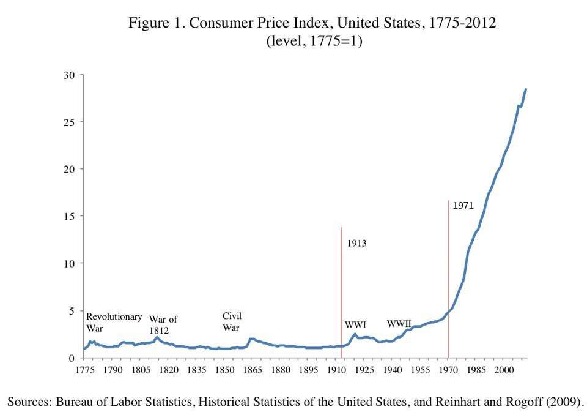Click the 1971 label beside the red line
coord(463,206)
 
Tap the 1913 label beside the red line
coord(356,244)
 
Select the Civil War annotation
coord(232,322)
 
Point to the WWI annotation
coord(355,325)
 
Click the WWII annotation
coord(399,323)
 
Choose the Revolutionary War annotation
coord(114,323)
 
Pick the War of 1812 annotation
coord(163,325)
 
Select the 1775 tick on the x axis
coord(84,370)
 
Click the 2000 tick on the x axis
coord(504,370)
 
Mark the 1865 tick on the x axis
coord(252,370)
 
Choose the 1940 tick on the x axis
coord(392,370)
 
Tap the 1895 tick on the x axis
coord(308,370)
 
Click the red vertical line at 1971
coord(449,275)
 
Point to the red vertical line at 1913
coord(341,288)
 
